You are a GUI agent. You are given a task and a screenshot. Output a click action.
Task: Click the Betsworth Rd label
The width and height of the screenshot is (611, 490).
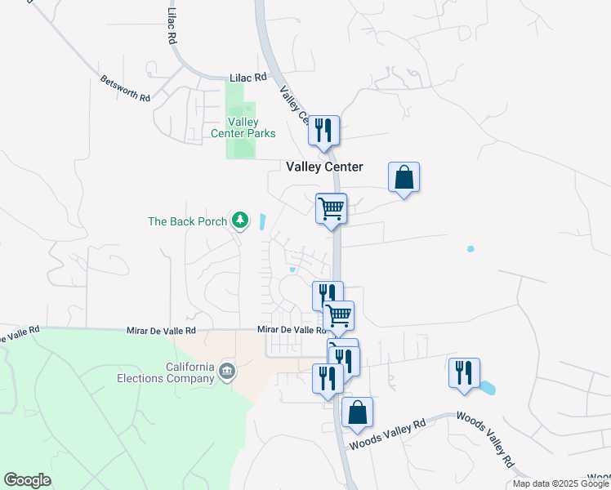pyautogui.click(x=126, y=88)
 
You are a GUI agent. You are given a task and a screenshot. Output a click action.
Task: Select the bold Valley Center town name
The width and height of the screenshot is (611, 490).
pyautogui.click(x=324, y=167)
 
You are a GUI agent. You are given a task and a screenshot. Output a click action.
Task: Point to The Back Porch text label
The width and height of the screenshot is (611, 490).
pyautogui.click(x=187, y=220)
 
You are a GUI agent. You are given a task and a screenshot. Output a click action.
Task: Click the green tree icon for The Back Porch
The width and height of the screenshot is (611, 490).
pyautogui.click(x=239, y=220)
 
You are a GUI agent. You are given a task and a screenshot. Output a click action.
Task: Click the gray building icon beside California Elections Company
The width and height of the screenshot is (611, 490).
pyautogui.click(x=227, y=374)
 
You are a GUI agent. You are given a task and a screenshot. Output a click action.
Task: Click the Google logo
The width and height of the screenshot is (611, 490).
pyautogui.click(x=27, y=480)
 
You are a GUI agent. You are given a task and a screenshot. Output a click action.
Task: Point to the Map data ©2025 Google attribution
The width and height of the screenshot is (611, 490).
pyautogui.click(x=561, y=483)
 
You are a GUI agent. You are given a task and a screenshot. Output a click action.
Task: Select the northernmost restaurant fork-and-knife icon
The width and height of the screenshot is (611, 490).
pyautogui.click(x=324, y=130)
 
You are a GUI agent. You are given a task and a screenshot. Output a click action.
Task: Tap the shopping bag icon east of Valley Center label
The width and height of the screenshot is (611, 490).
pyautogui.click(x=404, y=176)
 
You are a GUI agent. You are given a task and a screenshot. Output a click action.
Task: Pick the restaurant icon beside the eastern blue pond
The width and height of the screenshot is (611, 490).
pyautogui.click(x=464, y=372)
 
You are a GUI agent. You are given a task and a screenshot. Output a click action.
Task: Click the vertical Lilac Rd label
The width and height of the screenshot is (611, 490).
pyautogui.click(x=172, y=27)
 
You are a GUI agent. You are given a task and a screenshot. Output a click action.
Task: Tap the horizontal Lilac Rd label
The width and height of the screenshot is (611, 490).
pyautogui.click(x=248, y=77)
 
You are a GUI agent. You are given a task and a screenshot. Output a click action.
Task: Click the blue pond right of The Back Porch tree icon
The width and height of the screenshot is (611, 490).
pyautogui.click(x=261, y=221)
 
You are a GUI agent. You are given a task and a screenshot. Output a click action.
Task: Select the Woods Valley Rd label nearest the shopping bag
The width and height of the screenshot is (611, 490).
pyautogui.click(x=388, y=434)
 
